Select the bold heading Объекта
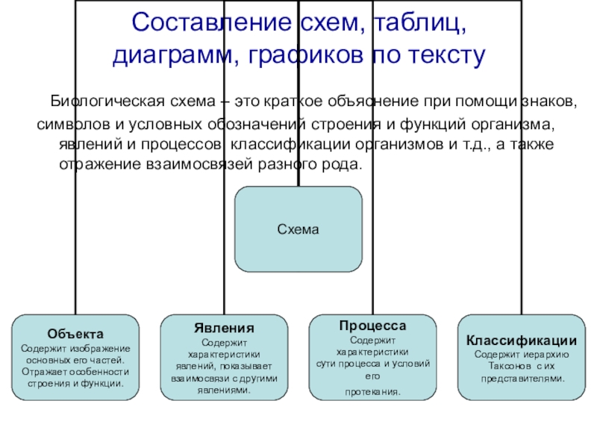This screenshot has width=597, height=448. coord(75,333)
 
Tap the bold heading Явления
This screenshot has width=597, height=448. coord(224,328)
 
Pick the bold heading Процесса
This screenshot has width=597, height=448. coord(372,327)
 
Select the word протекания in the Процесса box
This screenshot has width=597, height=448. coord(372,391)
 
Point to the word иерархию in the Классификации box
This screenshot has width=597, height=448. coord(548,354)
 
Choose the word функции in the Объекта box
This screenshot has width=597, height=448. coord(106,383)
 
